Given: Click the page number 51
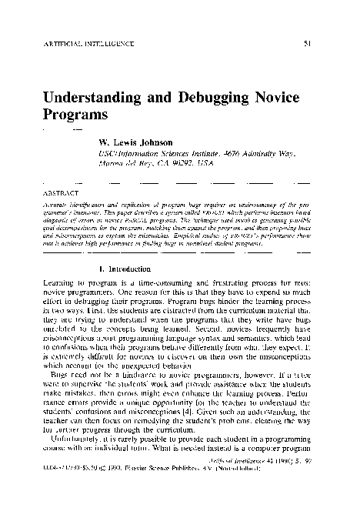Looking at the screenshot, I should tap(306, 43).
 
